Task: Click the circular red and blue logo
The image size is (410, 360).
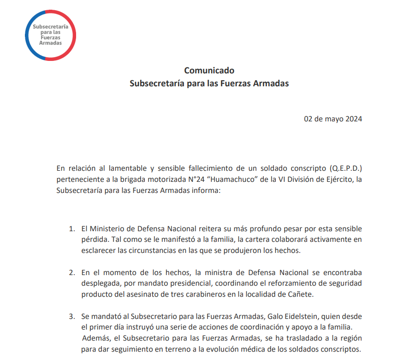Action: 51,35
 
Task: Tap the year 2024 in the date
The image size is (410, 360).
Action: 353,119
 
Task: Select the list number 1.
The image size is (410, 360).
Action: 71,229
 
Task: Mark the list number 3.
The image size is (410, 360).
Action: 71,317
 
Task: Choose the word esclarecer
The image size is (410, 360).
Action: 98,251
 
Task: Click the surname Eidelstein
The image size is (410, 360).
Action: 294,317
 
